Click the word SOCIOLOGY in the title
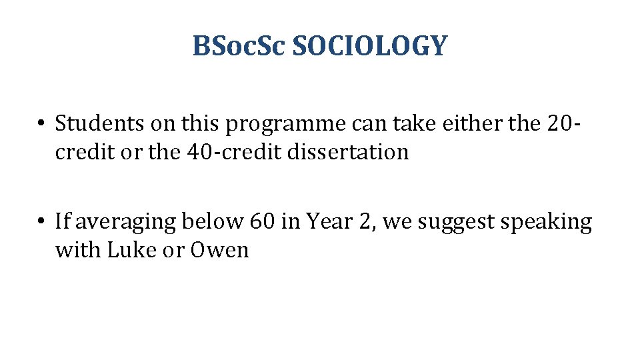click(x=370, y=47)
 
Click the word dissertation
click(x=349, y=152)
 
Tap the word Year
click(x=327, y=221)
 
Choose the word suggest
click(x=458, y=223)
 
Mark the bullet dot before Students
click(x=41, y=124)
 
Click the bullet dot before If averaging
click(x=41, y=222)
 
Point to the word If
click(x=62, y=221)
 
